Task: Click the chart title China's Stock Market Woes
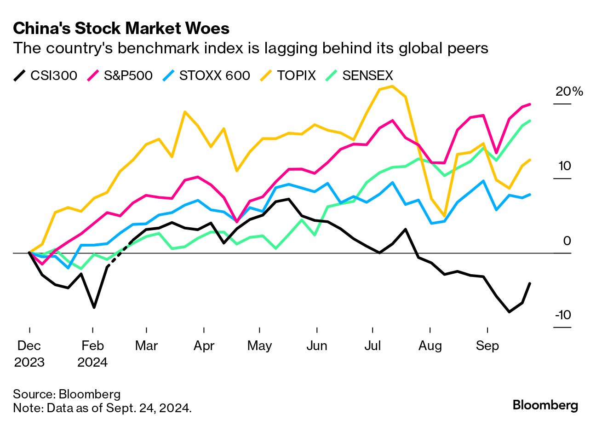(121, 29)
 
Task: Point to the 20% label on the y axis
(569, 92)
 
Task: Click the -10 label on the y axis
(563, 315)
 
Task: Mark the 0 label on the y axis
(567, 241)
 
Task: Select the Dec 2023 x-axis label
(29, 353)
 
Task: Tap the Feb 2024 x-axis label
(92, 353)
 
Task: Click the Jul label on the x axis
(372, 345)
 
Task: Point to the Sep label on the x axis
(487, 345)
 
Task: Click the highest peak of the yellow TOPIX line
(392, 86)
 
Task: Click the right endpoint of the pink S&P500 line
(530, 104)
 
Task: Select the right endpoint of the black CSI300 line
(530, 283)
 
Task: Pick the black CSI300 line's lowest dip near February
(94, 307)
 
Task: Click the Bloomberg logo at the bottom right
(545, 405)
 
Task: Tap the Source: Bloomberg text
(67, 394)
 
